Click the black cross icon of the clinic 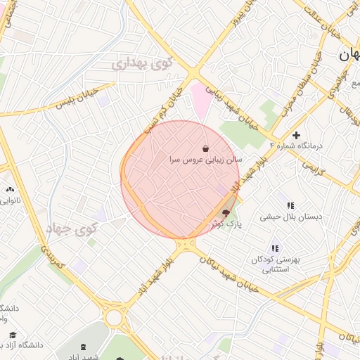pyautogui.click(x=297, y=135)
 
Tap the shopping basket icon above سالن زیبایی pyautogui.click(x=205, y=149)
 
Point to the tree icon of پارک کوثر pyautogui.click(x=226, y=212)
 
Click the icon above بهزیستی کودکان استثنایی pyautogui.click(x=275, y=248)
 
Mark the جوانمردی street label pyautogui.click(x=337, y=92)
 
